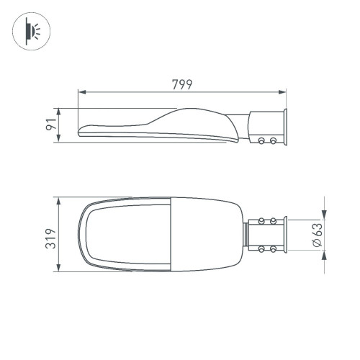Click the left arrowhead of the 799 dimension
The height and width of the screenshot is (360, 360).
(81, 92)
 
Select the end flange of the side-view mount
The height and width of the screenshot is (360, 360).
(286, 128)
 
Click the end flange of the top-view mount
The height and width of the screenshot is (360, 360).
(286, 234)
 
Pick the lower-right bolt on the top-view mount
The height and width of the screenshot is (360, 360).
(273, 249)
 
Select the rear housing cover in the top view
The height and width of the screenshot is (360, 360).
(205, 234)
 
